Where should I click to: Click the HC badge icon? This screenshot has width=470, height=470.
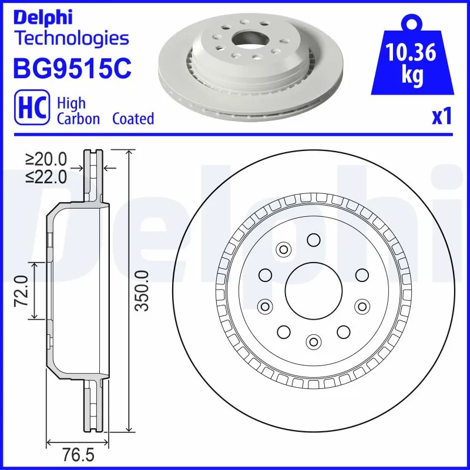tap(33, 110)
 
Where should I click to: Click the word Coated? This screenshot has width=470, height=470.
tap(133, 119)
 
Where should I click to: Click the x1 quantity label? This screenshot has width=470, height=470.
tap(441, 117)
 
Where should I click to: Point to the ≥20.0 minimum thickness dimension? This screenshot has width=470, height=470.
tap(46, 160)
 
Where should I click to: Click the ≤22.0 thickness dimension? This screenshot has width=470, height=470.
tap(46, 177)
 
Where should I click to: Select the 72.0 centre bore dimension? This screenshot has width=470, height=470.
tap(22, 291)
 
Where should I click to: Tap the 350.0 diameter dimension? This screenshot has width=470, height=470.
tap(141, 291)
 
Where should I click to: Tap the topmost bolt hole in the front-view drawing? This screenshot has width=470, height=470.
tap(313, 239)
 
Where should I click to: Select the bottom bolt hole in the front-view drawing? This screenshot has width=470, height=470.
tap(314, 341)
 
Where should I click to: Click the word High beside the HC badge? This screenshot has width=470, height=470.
tap(70, 103)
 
